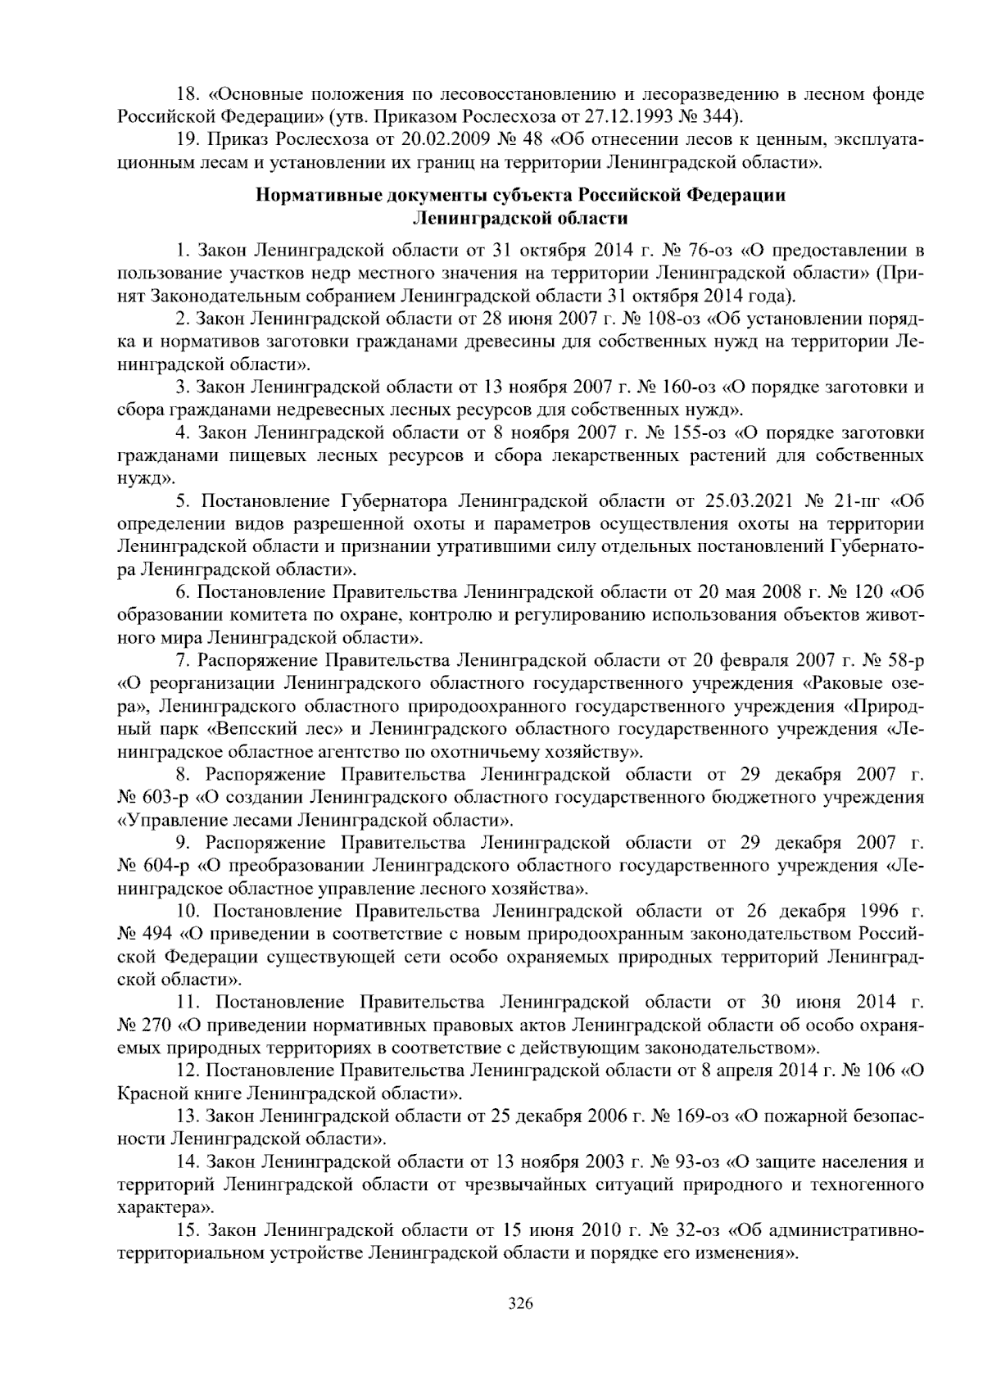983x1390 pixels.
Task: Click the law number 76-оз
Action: [x=712, y=249]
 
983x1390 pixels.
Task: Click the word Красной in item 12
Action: [x=151, y=1093]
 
